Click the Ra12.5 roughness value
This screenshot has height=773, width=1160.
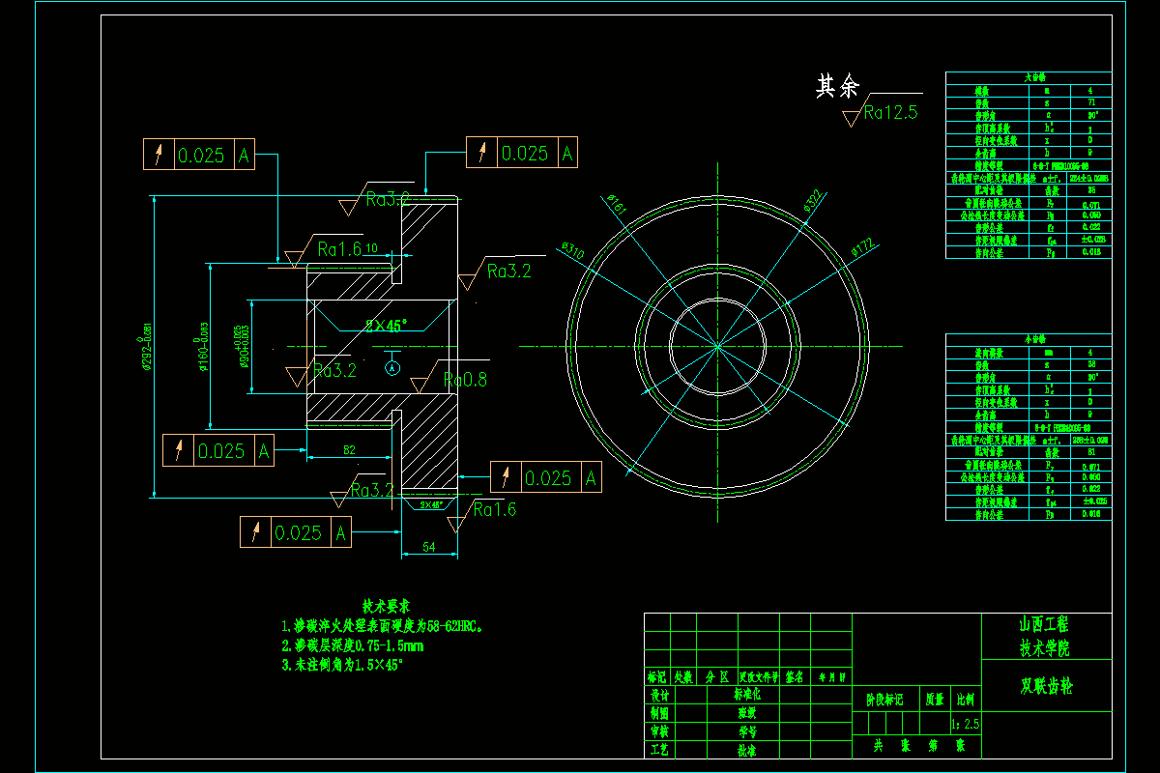890,113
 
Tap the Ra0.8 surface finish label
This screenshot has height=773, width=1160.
465,380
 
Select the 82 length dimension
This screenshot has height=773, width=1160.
349,449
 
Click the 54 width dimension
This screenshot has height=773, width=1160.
428,548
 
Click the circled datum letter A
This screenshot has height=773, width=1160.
391,368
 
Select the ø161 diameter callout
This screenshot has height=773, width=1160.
616,204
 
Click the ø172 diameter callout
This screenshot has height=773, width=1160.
862,248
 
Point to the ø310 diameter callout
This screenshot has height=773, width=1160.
573,250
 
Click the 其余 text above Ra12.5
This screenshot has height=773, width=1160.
837,87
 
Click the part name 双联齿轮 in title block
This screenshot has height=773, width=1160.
1046,687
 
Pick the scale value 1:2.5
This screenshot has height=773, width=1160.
966,723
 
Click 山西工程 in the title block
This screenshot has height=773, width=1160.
1046,624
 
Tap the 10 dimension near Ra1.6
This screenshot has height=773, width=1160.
371,248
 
